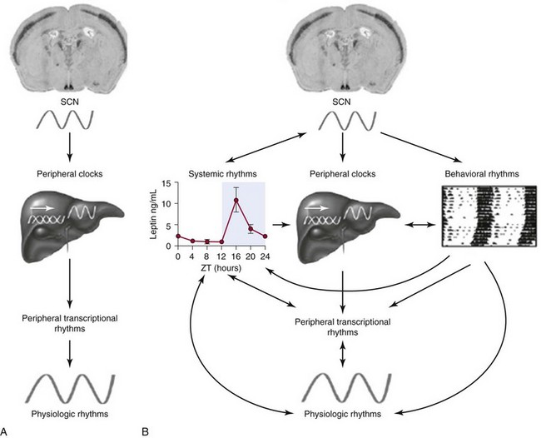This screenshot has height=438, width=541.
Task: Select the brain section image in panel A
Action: click(x=71, y=47)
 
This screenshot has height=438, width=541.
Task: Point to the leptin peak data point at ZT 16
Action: click(x=236, y=200)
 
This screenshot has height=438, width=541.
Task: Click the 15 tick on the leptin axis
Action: click(x=170, y=183)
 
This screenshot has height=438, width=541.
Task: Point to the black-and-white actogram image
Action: click(x=479, y=219)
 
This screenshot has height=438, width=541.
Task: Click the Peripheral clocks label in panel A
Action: click(x=71, y=174)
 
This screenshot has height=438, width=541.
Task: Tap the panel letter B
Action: click(x=147, y=430)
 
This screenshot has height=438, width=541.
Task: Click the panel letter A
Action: click(x=7, y=430)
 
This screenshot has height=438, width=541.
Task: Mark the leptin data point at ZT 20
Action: click(x=251, y=228)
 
